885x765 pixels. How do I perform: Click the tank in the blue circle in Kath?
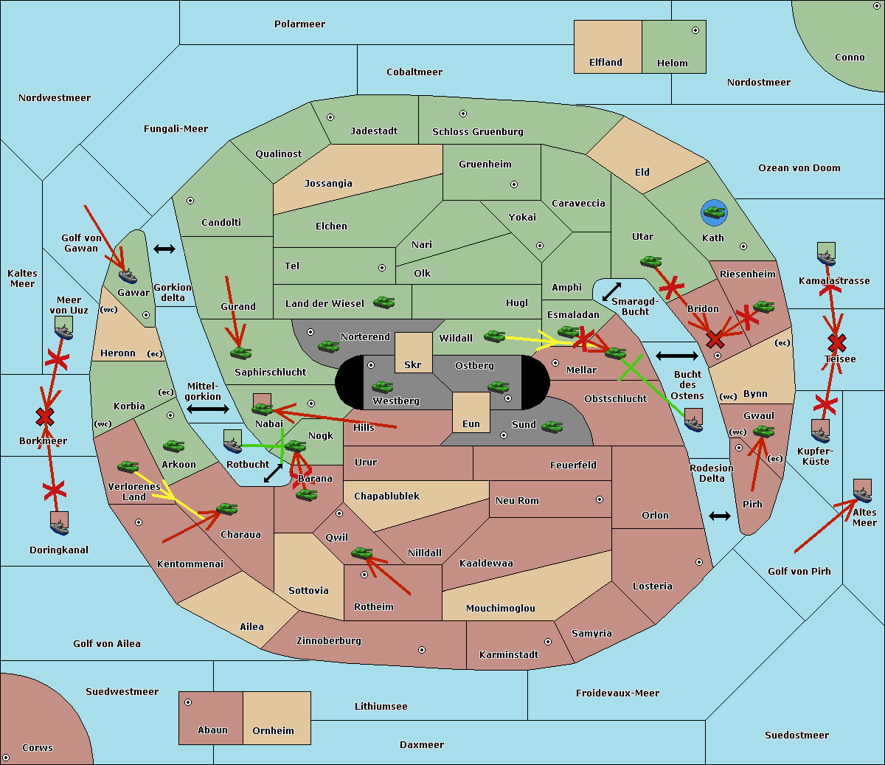pos(714,212)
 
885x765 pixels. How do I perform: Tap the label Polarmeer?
pos(299,24)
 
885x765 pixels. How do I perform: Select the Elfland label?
pos(605,63)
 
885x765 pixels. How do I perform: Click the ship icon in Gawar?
pos(128,276)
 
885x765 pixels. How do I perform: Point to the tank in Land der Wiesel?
pos(383,302)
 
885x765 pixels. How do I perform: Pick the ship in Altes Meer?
pos(862,491)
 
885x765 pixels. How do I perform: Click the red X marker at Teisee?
pos(837,343)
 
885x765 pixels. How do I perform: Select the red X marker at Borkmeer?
pos(45,416)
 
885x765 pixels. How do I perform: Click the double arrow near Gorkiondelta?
pos(164,249)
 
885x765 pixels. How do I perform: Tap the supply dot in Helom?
pos(695,30)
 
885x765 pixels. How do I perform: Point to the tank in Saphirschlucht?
pos(240,353)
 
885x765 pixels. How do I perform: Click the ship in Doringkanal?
pos(59,524)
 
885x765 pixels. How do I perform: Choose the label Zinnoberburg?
pos(329,641)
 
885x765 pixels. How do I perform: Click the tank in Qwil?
pos(362,553)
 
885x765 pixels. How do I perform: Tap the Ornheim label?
pos(273,731)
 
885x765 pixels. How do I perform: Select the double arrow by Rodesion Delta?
pos(720,516)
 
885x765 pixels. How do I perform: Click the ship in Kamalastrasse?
pos(826,255)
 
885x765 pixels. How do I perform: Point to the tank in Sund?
pos(552,426)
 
